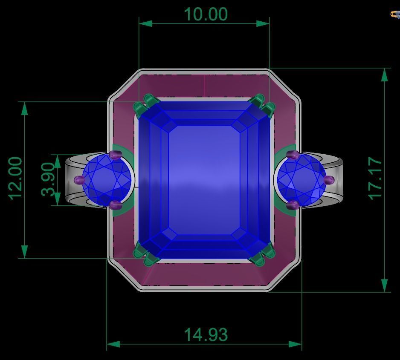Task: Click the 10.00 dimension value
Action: click(x=205, y=14)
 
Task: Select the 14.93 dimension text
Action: click(x=205, y=335)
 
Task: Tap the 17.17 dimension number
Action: click(x=376, y=179)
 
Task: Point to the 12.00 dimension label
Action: click(x=15, y=179)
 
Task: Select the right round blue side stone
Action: click(x=301, y=179)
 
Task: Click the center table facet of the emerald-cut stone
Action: click(x=204, y=179)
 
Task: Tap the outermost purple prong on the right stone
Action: click(x=329, y=180)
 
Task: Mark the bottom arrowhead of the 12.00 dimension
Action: click(x=24, y=252)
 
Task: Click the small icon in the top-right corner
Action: click(x=395, y=14)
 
